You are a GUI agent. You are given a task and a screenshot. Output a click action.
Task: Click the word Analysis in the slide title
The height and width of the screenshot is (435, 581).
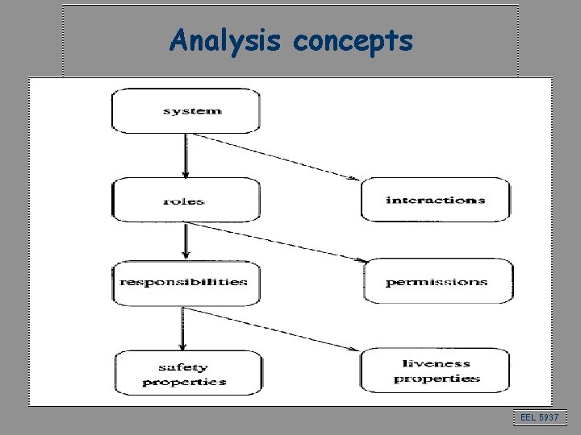point(222,40)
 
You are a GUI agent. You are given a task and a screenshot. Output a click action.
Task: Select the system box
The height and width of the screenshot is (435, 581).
point(186,110)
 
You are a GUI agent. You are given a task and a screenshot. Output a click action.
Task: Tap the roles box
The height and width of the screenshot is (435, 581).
point(186,200)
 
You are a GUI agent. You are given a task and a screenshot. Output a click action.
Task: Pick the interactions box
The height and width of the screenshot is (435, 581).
point(436,199)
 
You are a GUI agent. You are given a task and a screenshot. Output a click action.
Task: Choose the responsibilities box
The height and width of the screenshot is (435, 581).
point(186,282)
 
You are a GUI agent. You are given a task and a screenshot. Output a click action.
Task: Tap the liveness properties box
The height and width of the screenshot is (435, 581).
point(436,370)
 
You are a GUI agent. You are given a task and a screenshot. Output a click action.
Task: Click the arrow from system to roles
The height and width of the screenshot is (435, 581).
point(186,155)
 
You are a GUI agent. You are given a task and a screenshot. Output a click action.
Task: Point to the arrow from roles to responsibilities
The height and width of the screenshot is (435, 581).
point(186,240)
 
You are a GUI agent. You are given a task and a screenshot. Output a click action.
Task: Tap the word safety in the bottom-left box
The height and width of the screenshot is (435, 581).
point(184,367)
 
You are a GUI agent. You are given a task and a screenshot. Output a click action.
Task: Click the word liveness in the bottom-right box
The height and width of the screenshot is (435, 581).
point(436,363)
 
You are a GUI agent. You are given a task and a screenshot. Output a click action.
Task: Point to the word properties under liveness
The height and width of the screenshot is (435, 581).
point(437,378)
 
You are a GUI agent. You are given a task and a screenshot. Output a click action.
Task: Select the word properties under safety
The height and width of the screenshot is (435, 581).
point(184,382)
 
